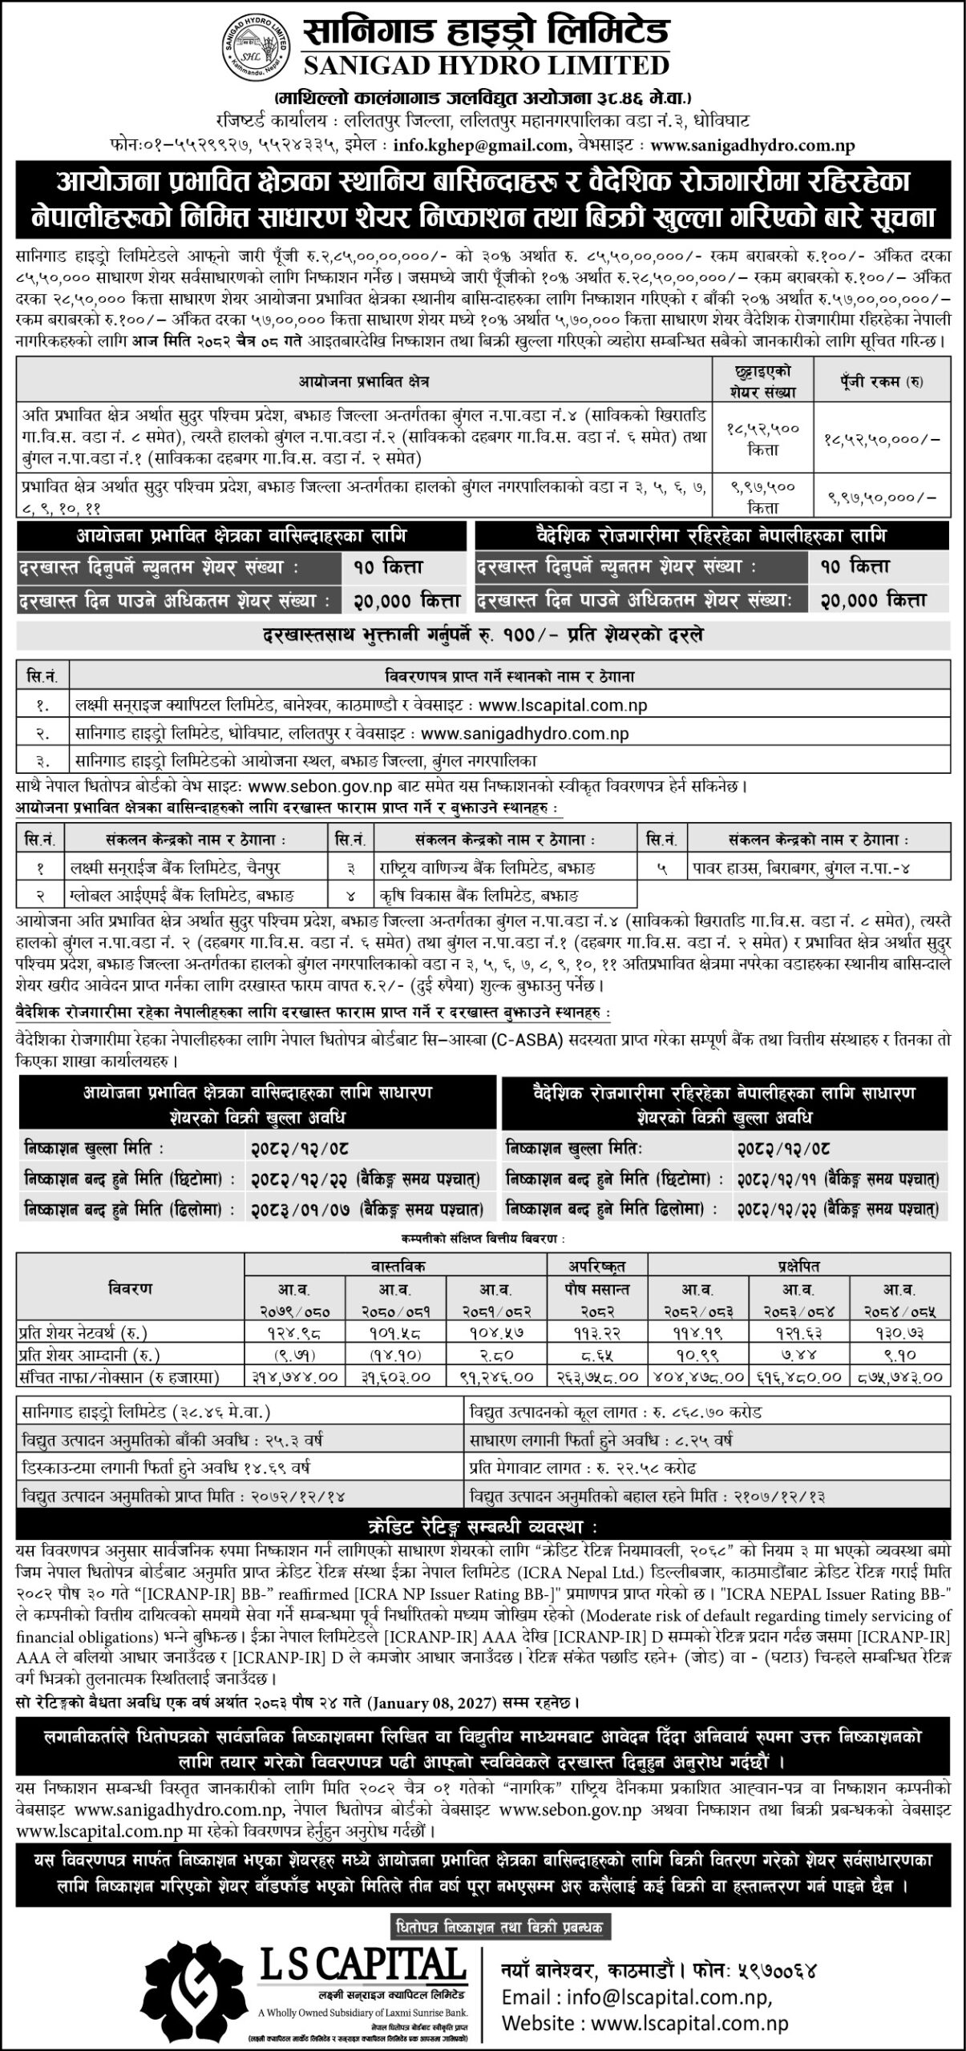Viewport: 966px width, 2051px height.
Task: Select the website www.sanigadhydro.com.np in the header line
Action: pos(753,146)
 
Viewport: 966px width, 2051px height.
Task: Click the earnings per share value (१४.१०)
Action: pos(395,1354)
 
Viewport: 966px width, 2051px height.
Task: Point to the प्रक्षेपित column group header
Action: pos(798,1266)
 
